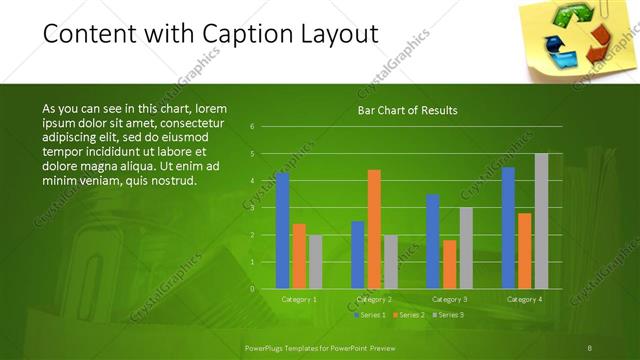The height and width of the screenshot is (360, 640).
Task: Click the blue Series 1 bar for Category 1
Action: pyautogui.click(x=282, y=230)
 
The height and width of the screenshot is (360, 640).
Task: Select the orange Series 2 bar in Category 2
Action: pyautogui.click(x=374, y=229)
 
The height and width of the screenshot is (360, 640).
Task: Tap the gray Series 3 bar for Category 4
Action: pyautogui.click(x=541, y=221)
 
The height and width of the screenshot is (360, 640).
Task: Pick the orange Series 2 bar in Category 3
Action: pyautogui.click(x=449, y=264)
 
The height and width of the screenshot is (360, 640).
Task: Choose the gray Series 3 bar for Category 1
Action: pyautogui.click(x=316, y=262)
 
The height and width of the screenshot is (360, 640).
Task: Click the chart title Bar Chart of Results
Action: pyautogui.click(x=407, y=111)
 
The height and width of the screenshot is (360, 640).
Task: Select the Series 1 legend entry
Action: pyautogui.click(x=374, y=315)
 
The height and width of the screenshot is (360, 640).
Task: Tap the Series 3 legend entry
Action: pyautogui.click(x=451, y=315)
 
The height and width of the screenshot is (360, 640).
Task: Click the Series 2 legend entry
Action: pyautogui.click(x=412, y=315)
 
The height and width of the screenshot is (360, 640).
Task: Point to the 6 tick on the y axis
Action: pyautogui.click(x=252, y=126)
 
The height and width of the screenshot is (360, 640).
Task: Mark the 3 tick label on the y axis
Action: pyautogui.click(x=252, y=208)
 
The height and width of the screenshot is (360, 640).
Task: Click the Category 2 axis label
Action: pyautogui.click(x=374, y=299)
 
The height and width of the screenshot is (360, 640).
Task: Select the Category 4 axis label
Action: pyautogui.click(x=525, y=299)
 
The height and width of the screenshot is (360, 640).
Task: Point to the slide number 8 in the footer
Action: pyautogui.click(x=590, y=346)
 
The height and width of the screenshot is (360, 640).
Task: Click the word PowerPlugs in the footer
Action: pyautogui.click(x=267, y=346)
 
